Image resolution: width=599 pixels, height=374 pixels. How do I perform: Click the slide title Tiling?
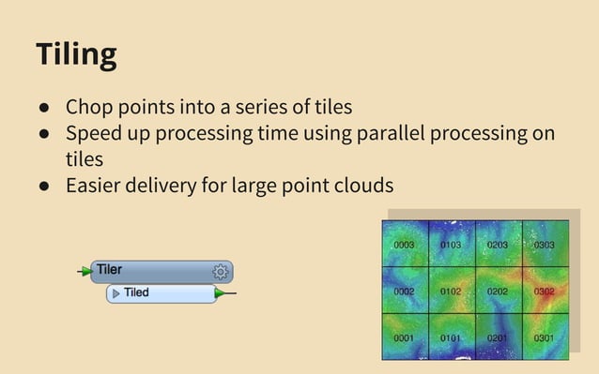[x=76, y=53]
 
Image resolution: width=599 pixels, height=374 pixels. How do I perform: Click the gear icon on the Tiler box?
[x=220, y=272]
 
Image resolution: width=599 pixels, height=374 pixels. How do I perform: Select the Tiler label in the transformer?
[x=109, y=270]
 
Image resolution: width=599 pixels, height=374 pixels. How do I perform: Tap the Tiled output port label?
[x=136, y=293]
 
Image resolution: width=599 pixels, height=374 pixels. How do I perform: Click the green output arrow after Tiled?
[x=221, y=293]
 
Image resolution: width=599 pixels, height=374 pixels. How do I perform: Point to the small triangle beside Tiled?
[x=116, y=293]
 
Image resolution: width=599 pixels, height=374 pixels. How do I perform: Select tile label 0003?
[x=404, y=246]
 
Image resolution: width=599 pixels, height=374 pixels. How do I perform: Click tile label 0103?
[x=451, y=246]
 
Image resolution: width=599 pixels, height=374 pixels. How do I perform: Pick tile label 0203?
[x=498, y=246]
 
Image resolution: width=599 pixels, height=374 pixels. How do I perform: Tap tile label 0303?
[x=545, y=246]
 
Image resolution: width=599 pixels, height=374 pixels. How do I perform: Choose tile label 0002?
[x=404, y=292]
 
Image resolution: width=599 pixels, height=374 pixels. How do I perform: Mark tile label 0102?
[x=451, y=292]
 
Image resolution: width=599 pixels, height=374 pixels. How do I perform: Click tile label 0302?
[x=545, y=292]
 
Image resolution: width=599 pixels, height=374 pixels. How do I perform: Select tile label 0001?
[x=404, y=338]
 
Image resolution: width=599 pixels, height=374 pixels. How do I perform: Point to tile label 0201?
[x=498, y=338]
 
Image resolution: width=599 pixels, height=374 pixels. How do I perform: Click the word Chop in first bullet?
[x=89, y=107]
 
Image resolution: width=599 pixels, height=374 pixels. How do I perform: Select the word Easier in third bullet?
[x=97, y=186]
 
